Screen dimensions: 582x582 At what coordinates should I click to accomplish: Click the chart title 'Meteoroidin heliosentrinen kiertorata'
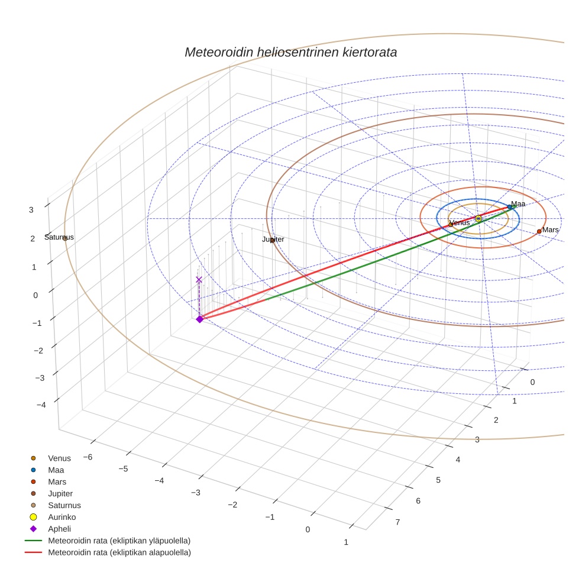point(290,52)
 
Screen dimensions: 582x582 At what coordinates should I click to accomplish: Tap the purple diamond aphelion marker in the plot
point(199,319)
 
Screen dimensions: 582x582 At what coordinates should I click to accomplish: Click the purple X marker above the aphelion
point(199,280)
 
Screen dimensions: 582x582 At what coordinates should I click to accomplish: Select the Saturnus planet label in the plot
point(59,237)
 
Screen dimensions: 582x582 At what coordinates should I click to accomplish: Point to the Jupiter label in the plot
point(273,240)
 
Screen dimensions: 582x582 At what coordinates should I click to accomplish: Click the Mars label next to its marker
point(551,229)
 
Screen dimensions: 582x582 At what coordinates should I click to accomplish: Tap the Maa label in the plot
point(518,204)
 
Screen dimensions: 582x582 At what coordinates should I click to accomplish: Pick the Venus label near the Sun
point(460,222)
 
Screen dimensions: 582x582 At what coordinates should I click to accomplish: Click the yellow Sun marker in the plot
point(478,219)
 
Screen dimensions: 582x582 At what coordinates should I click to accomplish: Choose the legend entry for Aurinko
point(62,517)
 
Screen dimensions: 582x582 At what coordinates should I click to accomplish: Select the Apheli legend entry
point(59,529)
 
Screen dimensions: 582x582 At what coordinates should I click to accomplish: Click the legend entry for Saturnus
point(64,505)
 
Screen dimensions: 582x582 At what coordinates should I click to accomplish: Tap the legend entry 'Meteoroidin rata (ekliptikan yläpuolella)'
point(119,541)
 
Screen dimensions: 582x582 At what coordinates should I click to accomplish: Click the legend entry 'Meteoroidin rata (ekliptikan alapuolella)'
point(119,552)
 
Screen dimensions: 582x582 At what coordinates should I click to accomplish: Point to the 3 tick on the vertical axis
point(31,209)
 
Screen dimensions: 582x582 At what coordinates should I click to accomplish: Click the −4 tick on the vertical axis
point(41,405)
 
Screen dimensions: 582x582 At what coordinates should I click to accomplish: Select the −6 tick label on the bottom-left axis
point(87,457)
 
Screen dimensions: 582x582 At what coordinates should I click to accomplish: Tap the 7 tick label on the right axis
point(398,522)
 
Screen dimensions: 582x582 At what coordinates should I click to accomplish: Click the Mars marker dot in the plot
point(539,231)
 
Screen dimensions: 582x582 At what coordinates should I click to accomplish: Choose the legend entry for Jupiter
point(60,493)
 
